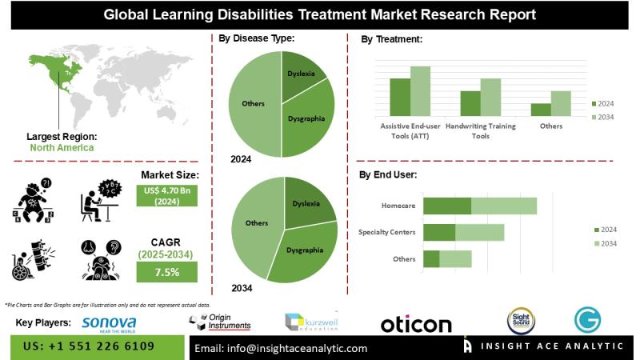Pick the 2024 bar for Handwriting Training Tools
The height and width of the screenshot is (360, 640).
coord(470,103)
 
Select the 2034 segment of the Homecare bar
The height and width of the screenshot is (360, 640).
coord(504,206)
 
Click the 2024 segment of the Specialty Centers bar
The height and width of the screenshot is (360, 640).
coord(439,232)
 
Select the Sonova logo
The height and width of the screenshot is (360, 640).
coord(109,323)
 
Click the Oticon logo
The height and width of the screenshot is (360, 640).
coord(416,324)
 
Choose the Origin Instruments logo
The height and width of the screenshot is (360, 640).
coord(221,322)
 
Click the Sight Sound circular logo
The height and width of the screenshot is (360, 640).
coord(521,322)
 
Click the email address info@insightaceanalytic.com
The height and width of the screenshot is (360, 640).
coord(281,348)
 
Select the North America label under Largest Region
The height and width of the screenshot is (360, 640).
coord(62,147)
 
